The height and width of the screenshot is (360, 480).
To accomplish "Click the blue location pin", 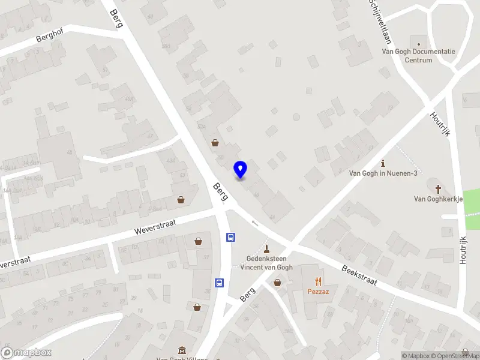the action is pos(240,170).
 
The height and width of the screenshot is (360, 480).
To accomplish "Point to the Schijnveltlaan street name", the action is pos(380,22).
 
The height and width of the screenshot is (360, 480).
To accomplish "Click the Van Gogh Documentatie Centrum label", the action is pos(419,56).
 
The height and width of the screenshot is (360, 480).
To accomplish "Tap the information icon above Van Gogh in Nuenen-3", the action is pos(383,163).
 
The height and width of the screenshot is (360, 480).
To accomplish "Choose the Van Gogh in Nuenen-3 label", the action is pos(383,173).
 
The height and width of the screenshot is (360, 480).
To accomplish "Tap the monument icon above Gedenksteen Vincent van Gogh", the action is pos(267,248).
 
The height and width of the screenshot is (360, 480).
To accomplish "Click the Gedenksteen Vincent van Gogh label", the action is pos(266,263).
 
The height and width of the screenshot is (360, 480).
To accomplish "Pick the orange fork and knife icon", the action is pos(319,281).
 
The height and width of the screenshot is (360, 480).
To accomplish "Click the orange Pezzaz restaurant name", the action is pos(319,292).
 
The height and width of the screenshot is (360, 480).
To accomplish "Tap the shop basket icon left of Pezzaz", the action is pos(278,282).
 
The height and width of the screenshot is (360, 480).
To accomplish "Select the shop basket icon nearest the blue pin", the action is pos(215,143).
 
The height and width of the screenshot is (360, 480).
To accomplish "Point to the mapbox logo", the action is pos(26,353).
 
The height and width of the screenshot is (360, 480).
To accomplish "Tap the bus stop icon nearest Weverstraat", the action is pos(230,237).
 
